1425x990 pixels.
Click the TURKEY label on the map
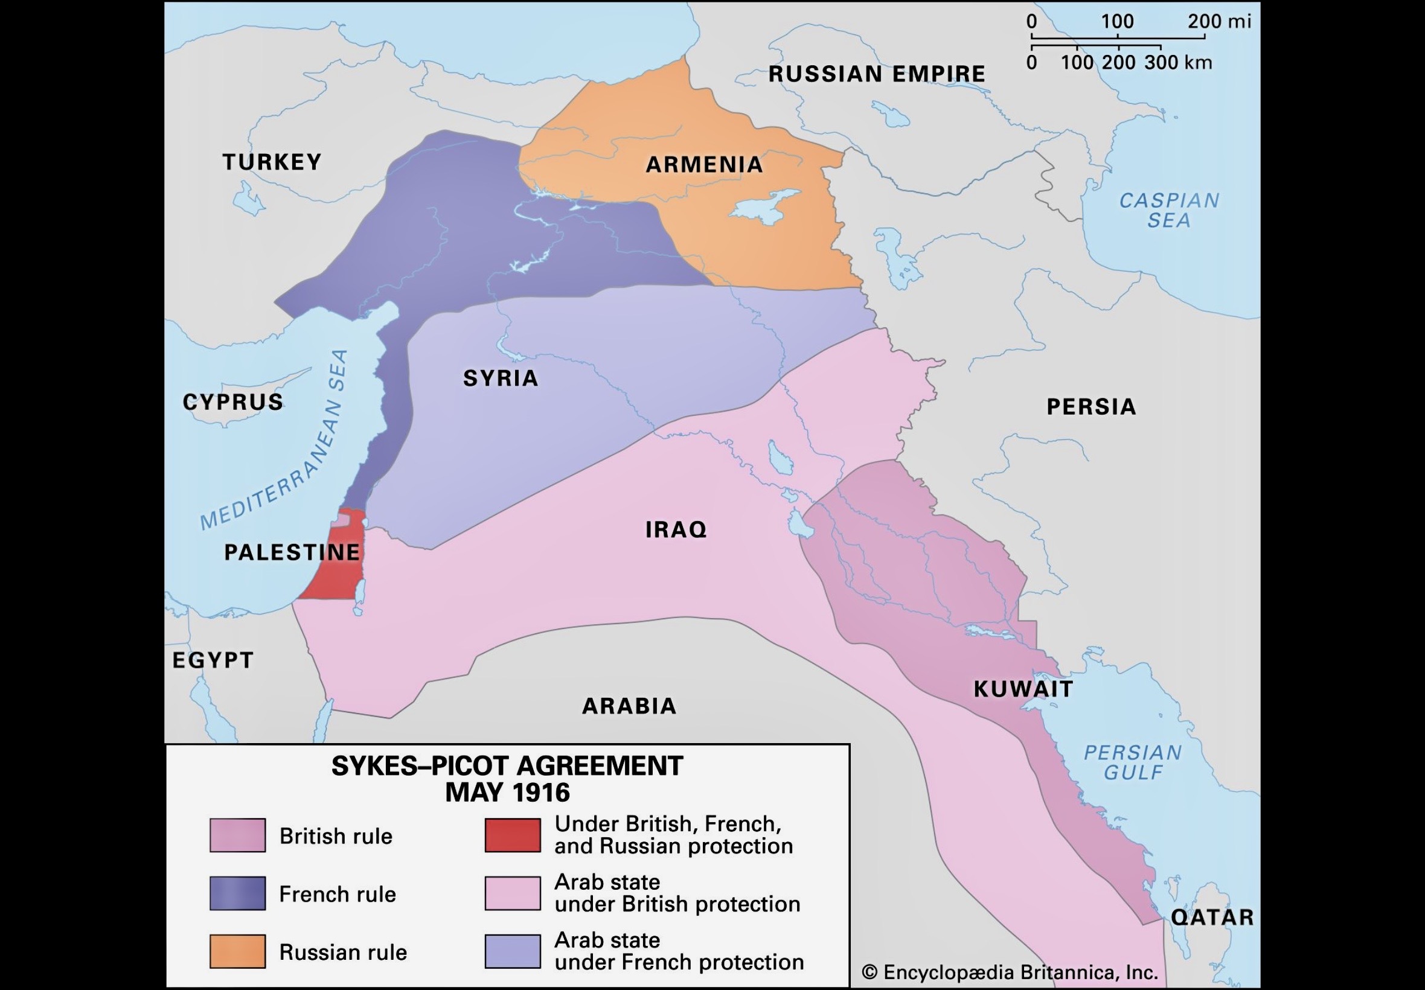pyautogui.click(x=272, y=162)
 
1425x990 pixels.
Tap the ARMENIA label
pyautogui.click(x=704, y=164)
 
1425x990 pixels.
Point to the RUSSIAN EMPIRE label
pyautogui.click(x=877, y=74)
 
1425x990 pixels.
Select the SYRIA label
pyautogui.click(x=501, y=378)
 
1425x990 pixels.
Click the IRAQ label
pyautogui.click(x=676, y=529)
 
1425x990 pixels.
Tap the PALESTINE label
pyautogui.click(x=292, y=552)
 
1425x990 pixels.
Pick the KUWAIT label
pyautogui.click(x=1023, y=689)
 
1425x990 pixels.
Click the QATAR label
pyautogui.click(x=1212, y=917)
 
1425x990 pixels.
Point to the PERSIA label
pyautogui.click(x=1091, y=407)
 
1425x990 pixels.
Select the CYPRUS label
pyautogui.click(x=232, y=402)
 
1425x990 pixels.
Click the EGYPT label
pyautogui.click(x=213, y=660)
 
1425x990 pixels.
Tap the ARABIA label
pyautogui.click(x=629, y=706)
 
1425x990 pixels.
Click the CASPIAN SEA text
pyautogui.click(x=1169, y=210)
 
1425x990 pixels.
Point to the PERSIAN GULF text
pyautogui.click(x=1133, y=762)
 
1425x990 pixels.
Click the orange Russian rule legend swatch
pyautogui.click(x=238, y=951)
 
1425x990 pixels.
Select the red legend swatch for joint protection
pyautogui.click(x=513, y=835)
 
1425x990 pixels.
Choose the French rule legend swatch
pyautogui.click(x=238, y=893)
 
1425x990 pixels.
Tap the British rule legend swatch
pyautogui.click(x=238, y=835)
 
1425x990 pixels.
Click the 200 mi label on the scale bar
pyautogui.click(x=1219, y=22)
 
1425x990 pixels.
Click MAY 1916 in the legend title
pyautogui.click(x=507, y=793)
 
